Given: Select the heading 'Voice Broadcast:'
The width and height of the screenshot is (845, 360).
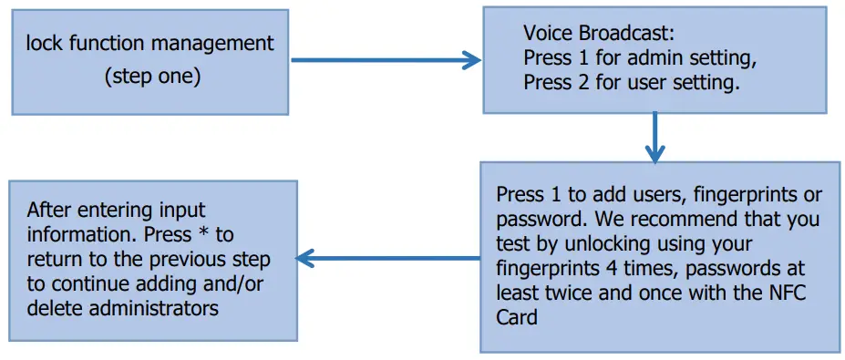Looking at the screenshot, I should pyautogui.click(x=598, y=34).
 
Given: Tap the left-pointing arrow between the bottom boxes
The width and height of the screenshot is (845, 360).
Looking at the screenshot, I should pyautogui.click(x=388, y=260).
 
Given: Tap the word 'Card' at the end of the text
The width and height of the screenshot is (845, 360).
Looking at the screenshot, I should pyautogui.click(x=516, y=318).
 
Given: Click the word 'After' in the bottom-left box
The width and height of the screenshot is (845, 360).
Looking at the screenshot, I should pyautogui.click(x=46, y=209).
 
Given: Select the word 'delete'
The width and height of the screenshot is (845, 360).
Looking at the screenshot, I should pyautogui.click(x=52, y=308).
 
